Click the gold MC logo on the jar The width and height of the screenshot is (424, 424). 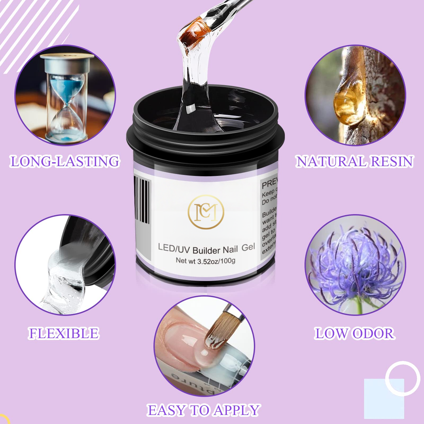point(206,212)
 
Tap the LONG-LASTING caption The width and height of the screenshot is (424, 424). point(65,161)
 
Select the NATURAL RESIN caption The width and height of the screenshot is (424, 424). point(355,161)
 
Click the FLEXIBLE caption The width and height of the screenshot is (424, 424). point(64,333)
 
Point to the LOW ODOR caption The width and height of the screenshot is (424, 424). point(354,333)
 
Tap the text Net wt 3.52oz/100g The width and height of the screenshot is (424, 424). point(205,261)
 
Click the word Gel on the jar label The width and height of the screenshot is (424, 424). point(248,248)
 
